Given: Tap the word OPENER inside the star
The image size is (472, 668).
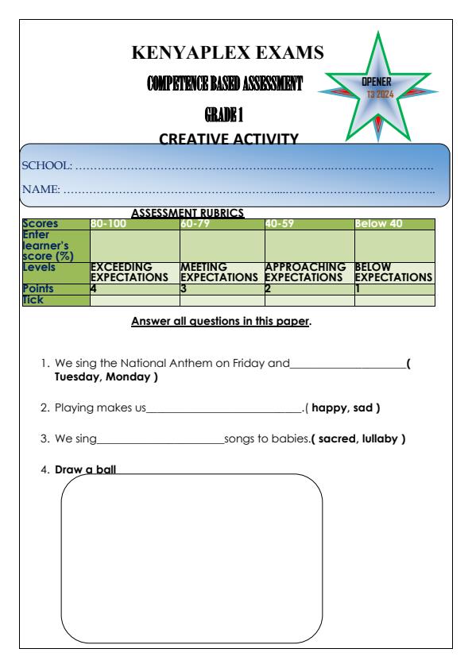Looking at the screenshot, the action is pos(377,82).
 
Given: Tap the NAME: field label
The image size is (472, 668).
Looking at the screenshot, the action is pos(44,191).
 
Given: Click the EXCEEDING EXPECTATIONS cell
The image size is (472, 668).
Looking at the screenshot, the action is pos(130,273).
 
